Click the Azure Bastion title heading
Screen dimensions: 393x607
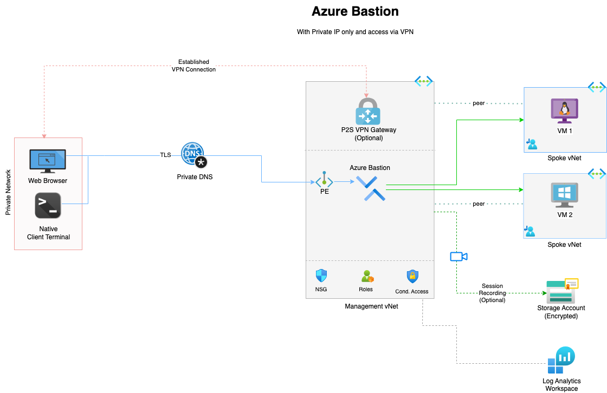click(355, 11)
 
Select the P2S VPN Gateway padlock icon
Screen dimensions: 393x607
click(367, 111)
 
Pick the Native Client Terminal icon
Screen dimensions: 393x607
click(48, 206)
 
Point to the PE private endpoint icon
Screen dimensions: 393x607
click(324, 180)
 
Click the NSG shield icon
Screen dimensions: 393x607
click(321, 276)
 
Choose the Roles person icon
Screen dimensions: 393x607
click(367, 276)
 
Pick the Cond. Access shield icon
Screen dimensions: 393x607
click(412, 277)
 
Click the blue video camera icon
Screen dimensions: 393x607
click(458, 257)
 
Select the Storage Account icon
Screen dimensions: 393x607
click(561, 291)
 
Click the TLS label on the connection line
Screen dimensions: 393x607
click(165, 155)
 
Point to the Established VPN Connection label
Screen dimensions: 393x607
click(193, 65)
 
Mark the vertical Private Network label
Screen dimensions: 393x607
click(8, 192)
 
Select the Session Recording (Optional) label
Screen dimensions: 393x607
click(492, 293)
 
